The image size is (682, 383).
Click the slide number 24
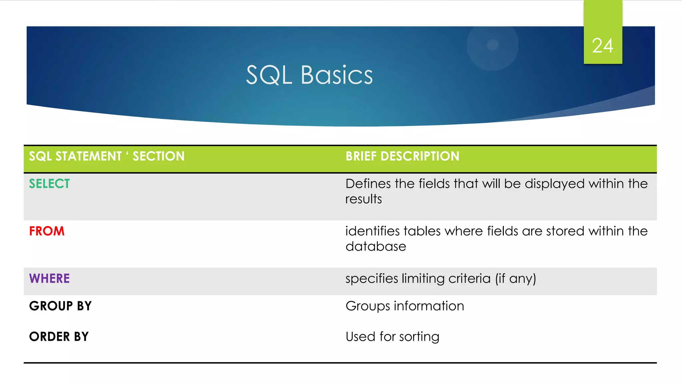pyautogui.click(x=602, y=46)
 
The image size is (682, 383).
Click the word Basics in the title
pyautogui.click(x=337, y=75)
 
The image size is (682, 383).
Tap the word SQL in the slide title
pyautogui.click(x=269, y=75)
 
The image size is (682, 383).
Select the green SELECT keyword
pyautogui.click(x=49, y=184)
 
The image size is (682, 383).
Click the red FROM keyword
pyautogui.click(x=47, y=231)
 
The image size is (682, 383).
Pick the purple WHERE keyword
pyautogui.click(x=49, y=279)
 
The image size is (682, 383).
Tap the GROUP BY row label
pyautogui.click(x=60, y=306)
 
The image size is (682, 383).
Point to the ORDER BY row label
pyautogui.click(x=59, y=337)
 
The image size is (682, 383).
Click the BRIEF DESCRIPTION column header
pyautogui.click(x=402, y=156)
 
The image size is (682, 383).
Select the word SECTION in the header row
pyautogui.click(x=159, y=156)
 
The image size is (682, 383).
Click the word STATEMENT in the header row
pyautogui.click(x=89, y=156)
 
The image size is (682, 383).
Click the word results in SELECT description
pyautogui.click(x=363, y=199)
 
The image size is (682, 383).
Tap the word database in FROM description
pyautogui.click(x=376, y=247)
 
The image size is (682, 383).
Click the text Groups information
pyautogui.click(x=405, y=306)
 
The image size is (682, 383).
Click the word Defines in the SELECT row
pyautogui.click(x=368, y=184)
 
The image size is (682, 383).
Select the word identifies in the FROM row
pyautogui.click(x=372, y=231)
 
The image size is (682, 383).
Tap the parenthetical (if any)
pyautogui.click(x=515, y=279)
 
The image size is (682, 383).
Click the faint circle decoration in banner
pyautogui.click(x=493, y=45)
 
